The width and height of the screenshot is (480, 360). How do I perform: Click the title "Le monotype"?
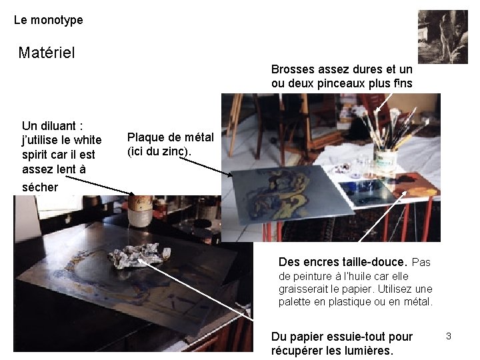coord(48,20)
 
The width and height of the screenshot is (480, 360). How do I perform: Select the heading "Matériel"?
coord(47,52)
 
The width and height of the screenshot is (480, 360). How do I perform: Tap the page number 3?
coord(449,336)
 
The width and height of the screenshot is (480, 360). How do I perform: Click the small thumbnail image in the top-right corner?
coord(443,37)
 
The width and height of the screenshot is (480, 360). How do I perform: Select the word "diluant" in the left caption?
coord(60,125)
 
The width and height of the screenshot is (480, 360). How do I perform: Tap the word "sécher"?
coord(40,187)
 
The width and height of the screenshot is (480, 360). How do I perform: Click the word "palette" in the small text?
coord(297,302)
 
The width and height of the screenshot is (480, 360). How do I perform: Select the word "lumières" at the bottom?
coord(368,351)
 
